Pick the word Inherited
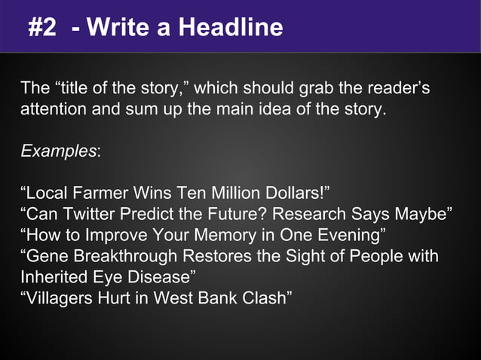pos(50,276)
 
